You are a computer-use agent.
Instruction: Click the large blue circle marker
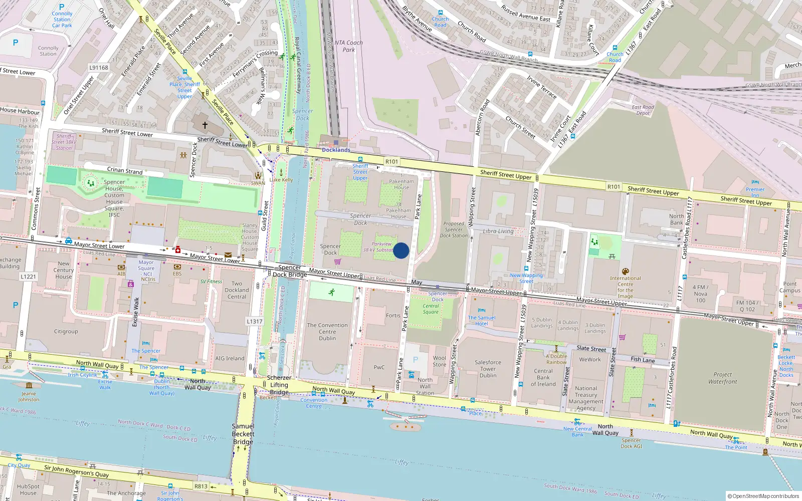pyautogui.click(x=401, y=250)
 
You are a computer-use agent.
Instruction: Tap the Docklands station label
pyautogui.click(x=336, y=150)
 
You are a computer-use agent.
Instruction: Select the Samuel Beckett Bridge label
pyautogui.click(x=243, y=434)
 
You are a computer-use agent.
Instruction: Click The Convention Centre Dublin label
pyautogui.click(x=327, y=332)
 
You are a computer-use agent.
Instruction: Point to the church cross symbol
pyautogui.click(x=205, y=125)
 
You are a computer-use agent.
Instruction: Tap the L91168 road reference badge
pyautogui.click(x=99, y=68)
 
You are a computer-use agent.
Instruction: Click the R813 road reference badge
pyautogui.click(x=201, y=486)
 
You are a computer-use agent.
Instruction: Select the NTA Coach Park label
pyautogui.click(x=348, y=46)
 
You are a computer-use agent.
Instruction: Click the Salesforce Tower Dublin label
pyautogui.click(x=488, y=369)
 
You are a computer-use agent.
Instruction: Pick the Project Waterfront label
pyautogui.click(x=723, y=378)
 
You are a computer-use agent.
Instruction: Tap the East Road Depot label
pyautogui.click(x=643, y=110)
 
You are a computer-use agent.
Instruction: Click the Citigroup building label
pyautogui.click(x=66, y=331)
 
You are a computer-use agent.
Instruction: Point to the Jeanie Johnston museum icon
pyautogui.click(x=29, y=385)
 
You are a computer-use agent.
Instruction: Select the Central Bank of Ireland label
pyautogui.click(x=543, y=378)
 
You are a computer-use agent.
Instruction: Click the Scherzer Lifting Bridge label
pyautogui.click(x=279, y=385)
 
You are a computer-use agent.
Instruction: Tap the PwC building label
pyautogui.click(x=379, y=367)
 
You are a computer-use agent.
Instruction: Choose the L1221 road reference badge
pyautogui.click(x=29, y=277)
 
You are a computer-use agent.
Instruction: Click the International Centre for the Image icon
pyautogui.click(x=625, y=272)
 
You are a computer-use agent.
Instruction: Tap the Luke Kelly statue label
pyautogui.click(x=281, y=179)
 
